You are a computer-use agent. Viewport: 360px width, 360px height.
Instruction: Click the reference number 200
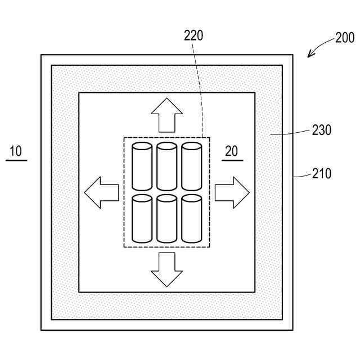[345, 38]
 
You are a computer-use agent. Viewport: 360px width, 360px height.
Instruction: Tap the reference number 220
[194, 36]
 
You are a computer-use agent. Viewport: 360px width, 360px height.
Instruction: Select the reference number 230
[322, 130]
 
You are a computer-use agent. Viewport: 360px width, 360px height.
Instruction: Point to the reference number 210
[322, 174]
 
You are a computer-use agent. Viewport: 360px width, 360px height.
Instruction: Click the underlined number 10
[16, 151]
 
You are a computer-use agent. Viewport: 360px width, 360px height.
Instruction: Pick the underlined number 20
[232, 151]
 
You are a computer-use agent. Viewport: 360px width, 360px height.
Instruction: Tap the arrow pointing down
[166, 270]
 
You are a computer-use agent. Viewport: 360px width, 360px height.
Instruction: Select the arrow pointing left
[101, 192]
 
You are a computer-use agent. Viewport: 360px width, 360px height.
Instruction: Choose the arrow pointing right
[232, 192]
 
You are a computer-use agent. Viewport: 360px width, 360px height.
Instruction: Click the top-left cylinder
[142, 166]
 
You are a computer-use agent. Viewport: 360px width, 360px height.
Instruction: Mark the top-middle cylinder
[166, 166]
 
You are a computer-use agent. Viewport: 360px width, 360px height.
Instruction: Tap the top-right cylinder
[191, 166]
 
